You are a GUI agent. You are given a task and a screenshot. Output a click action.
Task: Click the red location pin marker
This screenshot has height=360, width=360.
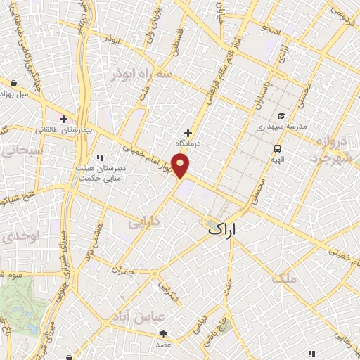pyautogui.click(x=181, y=166)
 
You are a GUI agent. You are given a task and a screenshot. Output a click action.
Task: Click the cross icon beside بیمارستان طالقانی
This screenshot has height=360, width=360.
pyautogui.click(x=64, y=119)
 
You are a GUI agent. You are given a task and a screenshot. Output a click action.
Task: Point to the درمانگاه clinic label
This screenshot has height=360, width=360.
pyautogui.click(x=188, y=143)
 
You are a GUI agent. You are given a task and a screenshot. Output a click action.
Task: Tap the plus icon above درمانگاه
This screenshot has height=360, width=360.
pyautogui.click(x=188, y=133)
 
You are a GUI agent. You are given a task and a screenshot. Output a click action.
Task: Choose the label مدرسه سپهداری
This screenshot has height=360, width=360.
pyautogui.click(x=280, y=127)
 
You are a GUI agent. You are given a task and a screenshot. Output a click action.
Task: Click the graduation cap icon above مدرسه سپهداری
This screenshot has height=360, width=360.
pyautogui.click(x=281, y=116)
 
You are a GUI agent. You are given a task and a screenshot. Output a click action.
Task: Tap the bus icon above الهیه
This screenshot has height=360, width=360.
pyautogui.click(x=278, y=148)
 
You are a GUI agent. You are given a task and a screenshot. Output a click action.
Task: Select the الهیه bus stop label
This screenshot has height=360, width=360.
pyautogui.click(x=278, y=159)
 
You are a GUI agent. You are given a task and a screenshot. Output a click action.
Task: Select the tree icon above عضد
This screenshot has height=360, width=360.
pyautogui.click(x=164, y=334)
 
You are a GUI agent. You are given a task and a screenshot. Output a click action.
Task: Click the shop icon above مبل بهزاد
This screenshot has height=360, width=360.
pyautogui.click(x=12, y=82)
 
